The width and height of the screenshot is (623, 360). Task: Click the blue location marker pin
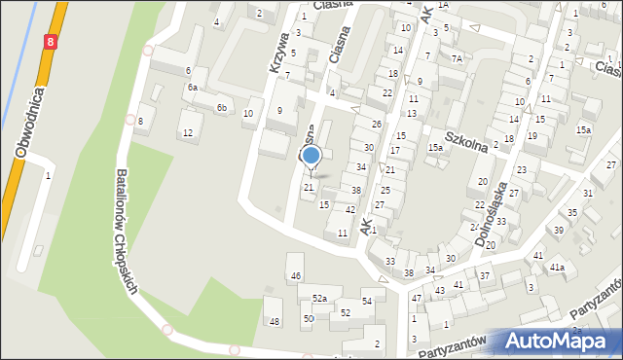pos(311,156)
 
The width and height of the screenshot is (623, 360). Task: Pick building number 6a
pos(193,88)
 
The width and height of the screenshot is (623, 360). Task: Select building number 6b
pos(223,107)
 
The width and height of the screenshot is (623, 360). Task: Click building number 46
pos(296,276)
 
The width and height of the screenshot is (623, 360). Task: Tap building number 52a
pos(319,298)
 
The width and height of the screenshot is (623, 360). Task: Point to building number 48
pos(275,321)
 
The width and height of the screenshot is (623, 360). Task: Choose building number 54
pos(367,302)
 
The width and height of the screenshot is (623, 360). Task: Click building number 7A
pos(456,58)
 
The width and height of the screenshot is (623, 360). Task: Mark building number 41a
pos(557,266)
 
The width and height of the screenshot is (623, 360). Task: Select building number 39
pos(559,230)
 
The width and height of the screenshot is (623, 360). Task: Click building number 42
pos(350,209)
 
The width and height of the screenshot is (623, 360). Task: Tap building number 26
pos(377,125)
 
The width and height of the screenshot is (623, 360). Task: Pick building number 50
pos(308,318)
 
